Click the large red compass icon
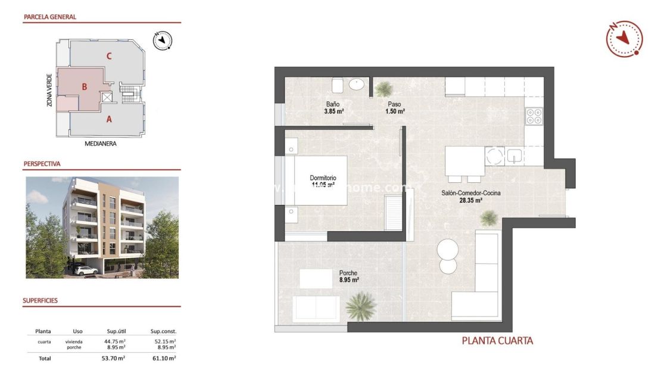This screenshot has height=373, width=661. tap(624, 39)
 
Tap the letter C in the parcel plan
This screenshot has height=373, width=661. tap(109, 56)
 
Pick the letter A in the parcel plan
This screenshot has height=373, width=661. tap(109, 119)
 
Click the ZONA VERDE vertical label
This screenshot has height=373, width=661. tap(49, 90)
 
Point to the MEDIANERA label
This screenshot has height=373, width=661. tap(100, 144)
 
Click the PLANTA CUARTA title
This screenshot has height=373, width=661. tap(497, 341)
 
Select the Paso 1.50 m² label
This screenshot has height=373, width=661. tap(393, 108)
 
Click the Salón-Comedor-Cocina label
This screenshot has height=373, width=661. tap(470, 197)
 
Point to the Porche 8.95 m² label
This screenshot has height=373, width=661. tap(348, 276)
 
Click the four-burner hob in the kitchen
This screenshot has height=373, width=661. tap(534, 115)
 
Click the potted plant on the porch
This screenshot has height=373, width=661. tap(360, 306)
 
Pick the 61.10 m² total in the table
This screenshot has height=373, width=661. tap(164, 358)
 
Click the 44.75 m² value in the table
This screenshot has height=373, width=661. tap(115, 341)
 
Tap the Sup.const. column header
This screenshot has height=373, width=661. tap(164, 331)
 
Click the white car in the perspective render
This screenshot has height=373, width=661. tap(87, 270)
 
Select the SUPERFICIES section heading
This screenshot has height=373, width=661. tap(40, 301)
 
